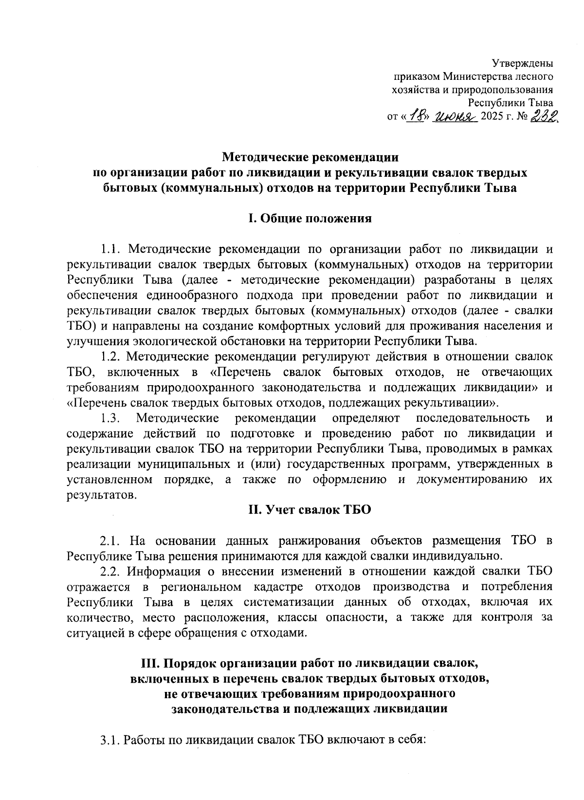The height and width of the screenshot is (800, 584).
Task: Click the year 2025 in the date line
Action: pyautogui.click(x=492, y=117)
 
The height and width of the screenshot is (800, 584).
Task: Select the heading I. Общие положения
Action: pyautogui.click(x=310, y=219)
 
